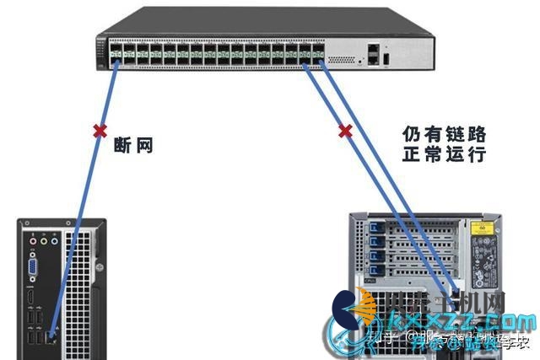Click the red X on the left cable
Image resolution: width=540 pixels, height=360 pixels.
pos(100,131)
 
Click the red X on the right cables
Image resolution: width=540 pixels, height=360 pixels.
pos(344,131)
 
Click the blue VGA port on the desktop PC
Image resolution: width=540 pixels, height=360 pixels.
pos(34,267)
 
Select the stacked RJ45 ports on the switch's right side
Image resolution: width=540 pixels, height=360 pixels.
pos(372,56)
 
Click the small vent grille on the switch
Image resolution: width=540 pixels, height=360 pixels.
pos(342,61)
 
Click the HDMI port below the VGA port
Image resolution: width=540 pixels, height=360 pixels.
pos(31,299)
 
